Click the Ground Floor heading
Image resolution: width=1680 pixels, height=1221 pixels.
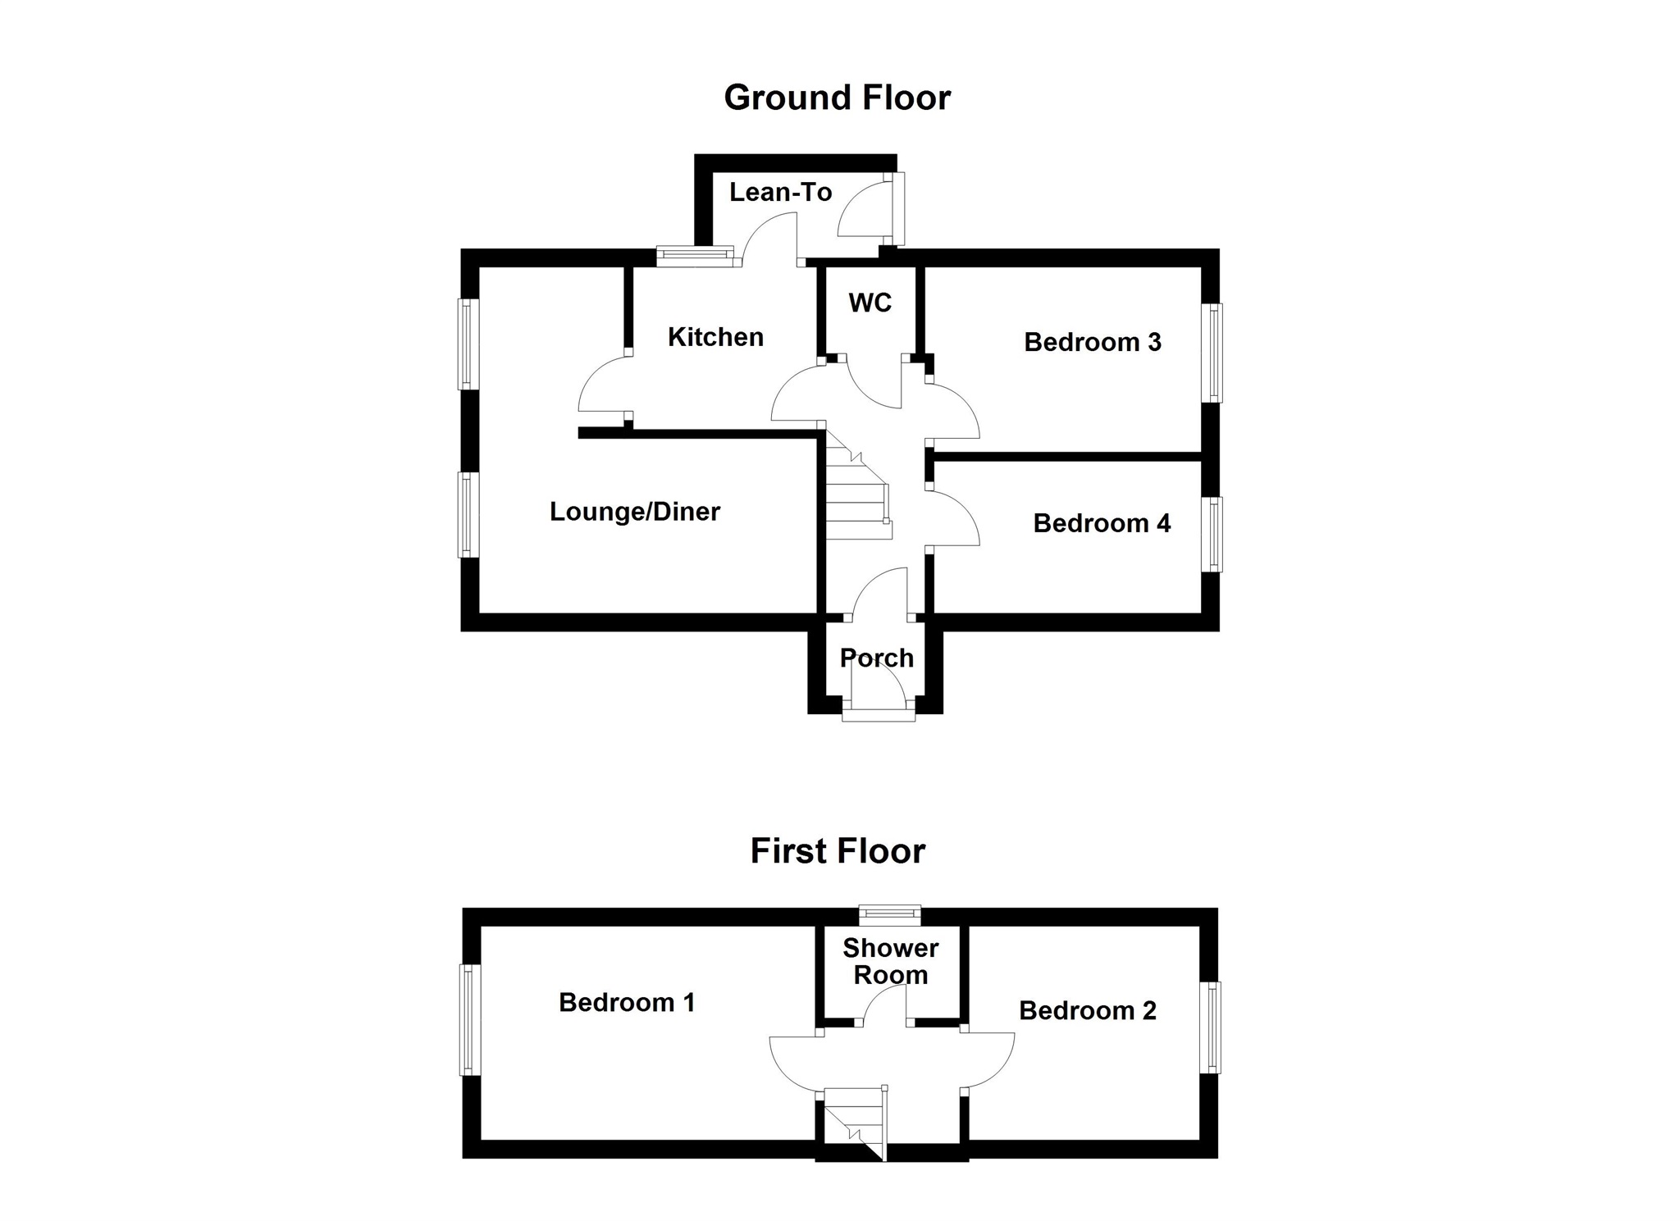pos(837,98)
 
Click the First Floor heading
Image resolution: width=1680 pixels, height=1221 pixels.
pos(838,851)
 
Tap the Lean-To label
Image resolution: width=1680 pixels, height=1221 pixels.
pos(780,193)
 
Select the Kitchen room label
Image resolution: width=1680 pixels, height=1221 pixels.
pos(715,337)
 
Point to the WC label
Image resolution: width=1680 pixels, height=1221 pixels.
pos(870,303)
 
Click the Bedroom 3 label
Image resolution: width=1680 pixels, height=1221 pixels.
pos(1092,342)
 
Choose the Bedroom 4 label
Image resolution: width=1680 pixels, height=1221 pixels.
pos(1101,523)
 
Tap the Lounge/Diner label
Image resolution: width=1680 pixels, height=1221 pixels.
pos(634,512)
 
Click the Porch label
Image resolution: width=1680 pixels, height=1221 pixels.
pos(876,658)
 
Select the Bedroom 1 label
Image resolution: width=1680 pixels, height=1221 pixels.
pos(627,1002)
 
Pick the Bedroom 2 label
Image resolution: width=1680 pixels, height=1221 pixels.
pos(1087,1010)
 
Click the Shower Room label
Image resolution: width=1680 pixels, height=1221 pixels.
pos(890,961)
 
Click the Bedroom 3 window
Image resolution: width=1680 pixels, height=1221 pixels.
pos(1212,353)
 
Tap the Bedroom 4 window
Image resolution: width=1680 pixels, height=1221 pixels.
pos(1212,534)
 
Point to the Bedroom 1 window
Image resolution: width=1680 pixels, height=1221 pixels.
pos(469,1018)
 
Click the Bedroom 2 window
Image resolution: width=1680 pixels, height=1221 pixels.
pos(1210,1027)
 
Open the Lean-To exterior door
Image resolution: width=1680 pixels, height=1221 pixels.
pos(898,208)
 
